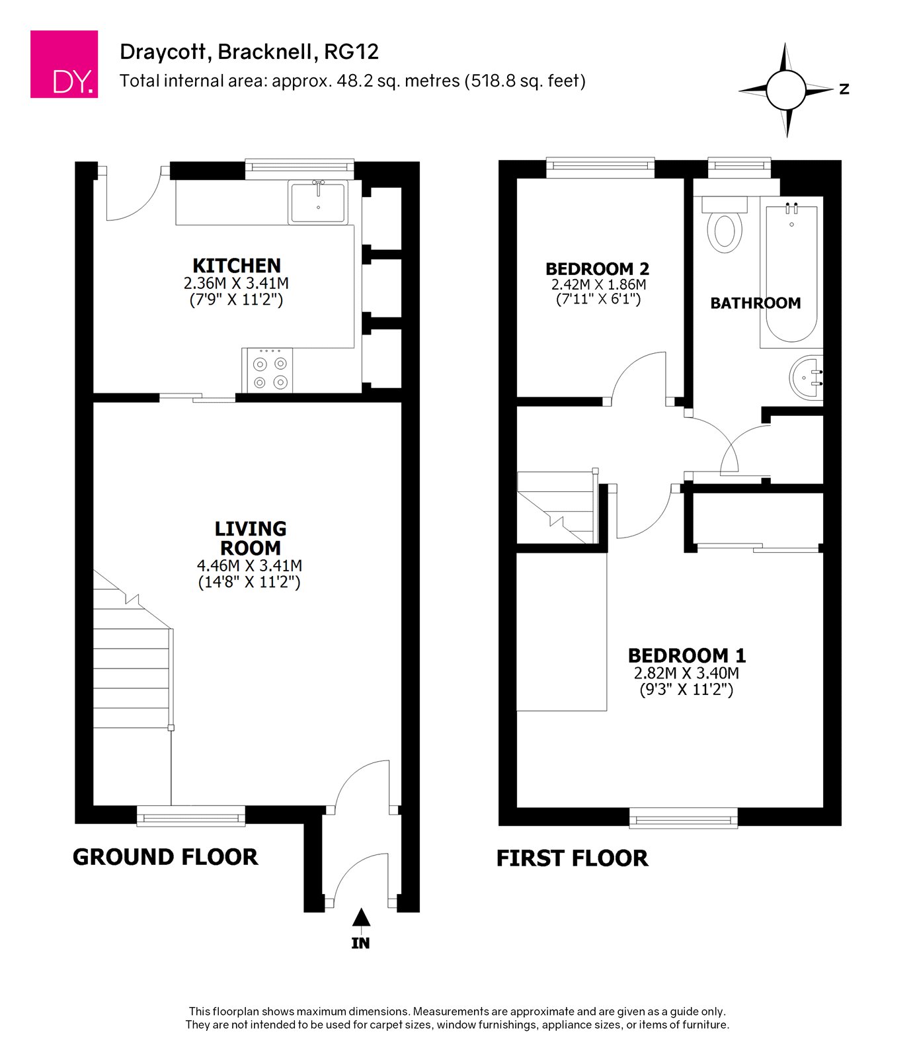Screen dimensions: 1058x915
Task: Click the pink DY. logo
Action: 64,64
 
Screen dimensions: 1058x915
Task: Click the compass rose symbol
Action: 786,90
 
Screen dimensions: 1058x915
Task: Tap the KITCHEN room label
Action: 237,266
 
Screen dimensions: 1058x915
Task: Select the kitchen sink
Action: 318,203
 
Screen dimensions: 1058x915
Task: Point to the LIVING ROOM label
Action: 251,538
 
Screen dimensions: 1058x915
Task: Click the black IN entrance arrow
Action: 361,917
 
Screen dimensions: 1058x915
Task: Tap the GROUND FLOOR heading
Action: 165,857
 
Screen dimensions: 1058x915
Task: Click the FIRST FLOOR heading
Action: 573,858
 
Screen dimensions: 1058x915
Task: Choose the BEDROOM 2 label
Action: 598,269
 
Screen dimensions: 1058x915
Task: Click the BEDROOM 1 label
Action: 687,656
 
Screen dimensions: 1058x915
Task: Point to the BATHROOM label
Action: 756,304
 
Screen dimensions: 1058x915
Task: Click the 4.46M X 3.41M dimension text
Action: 250,566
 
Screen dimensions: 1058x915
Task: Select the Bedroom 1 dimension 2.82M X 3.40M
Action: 687,674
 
